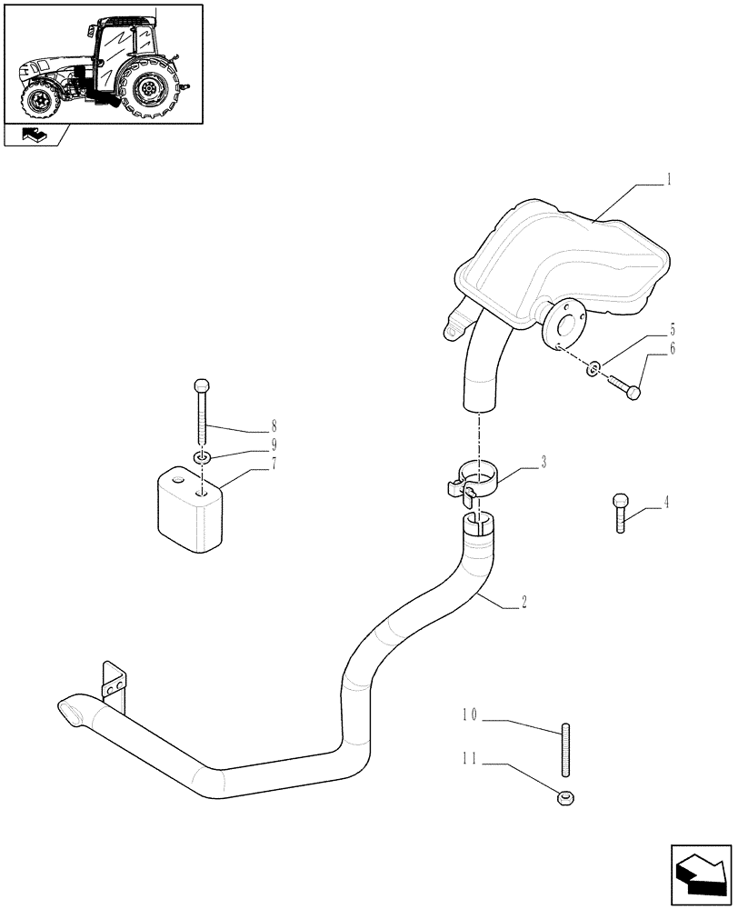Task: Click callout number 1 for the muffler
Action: (x=669, y=180)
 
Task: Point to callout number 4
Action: (x=665, y=503)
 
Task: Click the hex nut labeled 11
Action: (x=564, y=798)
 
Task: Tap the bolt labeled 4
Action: (x=620, y=514)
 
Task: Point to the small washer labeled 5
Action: (x=592, y=368)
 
